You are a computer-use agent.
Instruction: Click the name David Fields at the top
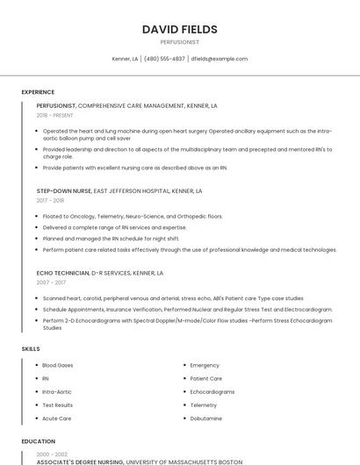point(179,29)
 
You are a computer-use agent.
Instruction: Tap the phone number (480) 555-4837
point(164,59)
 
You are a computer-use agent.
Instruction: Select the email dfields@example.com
point(220,59)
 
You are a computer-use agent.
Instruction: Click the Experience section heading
point(38,92)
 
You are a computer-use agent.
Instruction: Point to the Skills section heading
point(31,349)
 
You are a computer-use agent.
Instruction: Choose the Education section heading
point(39,441)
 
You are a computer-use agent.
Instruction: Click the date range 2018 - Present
point(55,115)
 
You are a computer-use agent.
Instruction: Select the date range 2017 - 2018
point(51,200)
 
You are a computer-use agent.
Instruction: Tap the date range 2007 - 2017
point(51,283)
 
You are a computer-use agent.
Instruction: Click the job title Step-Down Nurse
point(64,190)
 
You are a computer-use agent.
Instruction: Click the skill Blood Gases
point(58,365)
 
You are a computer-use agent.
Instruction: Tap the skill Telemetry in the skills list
point(204,405)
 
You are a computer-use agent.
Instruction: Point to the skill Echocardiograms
point(212,391)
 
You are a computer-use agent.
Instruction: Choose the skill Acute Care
point(57,418)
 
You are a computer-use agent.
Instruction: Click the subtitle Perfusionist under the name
point(179,41)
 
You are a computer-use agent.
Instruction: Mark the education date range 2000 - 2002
point(51,454)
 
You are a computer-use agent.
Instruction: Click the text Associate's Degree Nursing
point(80,461)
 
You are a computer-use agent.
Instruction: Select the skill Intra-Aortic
point(58,391)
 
